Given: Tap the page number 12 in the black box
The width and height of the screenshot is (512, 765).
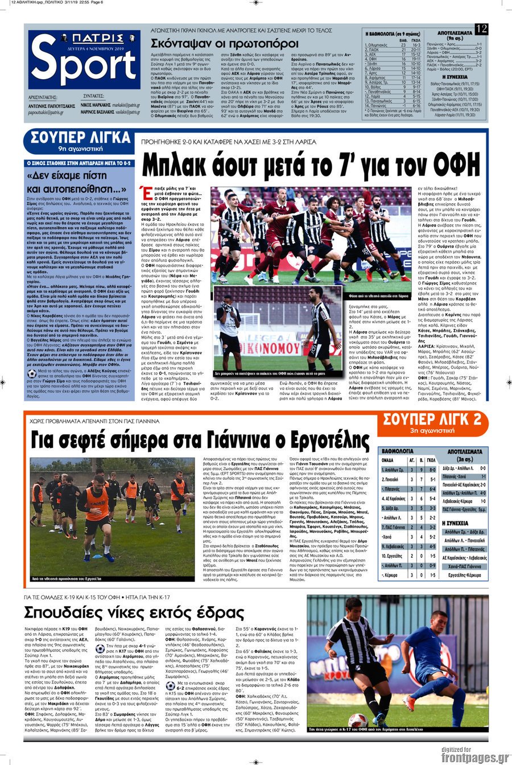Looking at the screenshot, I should [481, 29].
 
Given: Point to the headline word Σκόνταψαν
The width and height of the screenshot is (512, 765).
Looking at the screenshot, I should [185, 43].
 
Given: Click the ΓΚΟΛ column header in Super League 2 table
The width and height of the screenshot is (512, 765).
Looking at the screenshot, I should [431, 459].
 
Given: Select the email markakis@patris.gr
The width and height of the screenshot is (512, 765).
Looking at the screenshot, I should [126, 105].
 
